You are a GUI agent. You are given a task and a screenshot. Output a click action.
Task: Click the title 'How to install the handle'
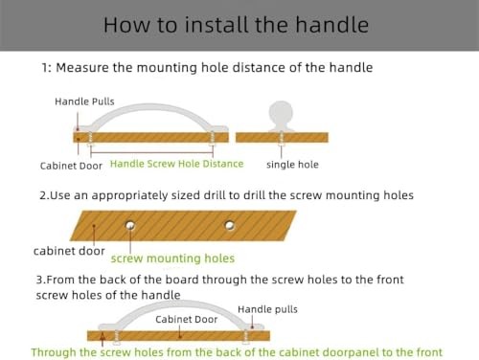point(236,25)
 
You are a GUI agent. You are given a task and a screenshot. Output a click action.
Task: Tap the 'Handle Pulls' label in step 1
point(84,101)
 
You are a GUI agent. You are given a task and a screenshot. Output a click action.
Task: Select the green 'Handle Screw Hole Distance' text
point(176,164)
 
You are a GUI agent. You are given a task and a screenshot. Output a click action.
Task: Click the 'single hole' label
point(292,165)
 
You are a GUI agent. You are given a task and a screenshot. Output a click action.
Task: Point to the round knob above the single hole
point(281,112)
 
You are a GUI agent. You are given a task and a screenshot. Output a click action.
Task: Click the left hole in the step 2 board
point(130,225)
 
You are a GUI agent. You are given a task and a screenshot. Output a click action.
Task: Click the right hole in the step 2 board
point(230,225)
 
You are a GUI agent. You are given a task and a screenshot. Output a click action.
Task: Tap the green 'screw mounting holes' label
point(172,259)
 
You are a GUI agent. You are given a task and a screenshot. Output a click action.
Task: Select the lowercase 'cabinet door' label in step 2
point(69,251)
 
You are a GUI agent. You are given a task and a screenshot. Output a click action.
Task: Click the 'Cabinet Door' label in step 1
point(71,166)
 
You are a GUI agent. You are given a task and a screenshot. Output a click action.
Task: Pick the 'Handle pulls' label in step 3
point(267,309)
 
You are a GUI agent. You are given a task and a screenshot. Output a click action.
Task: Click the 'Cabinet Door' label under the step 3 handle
point(187,319)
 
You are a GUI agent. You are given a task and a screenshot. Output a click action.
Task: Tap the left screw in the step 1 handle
point(90,139)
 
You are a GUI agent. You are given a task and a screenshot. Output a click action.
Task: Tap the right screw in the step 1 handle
point(212,139)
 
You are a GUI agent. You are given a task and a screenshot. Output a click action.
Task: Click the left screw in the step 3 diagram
point(117,337)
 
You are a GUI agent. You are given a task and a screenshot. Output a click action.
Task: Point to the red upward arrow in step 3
point(103,339)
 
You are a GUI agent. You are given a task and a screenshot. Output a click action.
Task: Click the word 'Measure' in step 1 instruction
point(82,68)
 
